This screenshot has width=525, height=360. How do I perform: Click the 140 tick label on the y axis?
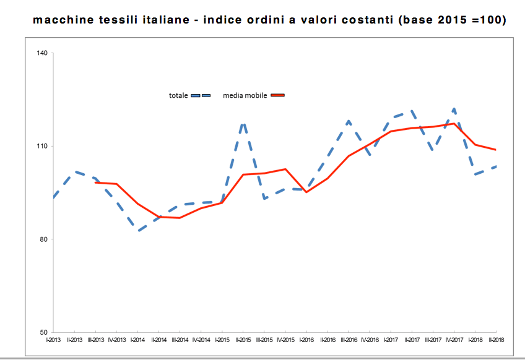42,53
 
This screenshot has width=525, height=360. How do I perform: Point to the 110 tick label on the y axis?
42,146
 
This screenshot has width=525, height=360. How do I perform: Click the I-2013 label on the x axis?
54,340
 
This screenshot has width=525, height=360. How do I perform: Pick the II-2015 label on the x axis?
243,340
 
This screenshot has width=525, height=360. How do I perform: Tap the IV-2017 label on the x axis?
454,340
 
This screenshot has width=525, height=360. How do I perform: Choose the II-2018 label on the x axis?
496,340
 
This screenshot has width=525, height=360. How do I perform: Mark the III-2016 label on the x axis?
349,340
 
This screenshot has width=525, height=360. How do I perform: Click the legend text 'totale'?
178,95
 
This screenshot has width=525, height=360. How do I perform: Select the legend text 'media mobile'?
245,95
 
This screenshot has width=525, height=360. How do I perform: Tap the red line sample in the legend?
277,95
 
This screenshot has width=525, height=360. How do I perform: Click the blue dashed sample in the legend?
201,95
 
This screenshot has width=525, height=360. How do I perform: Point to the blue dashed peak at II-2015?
243,123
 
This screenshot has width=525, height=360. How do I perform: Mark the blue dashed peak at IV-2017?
454,109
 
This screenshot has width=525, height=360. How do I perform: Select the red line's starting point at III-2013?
96,182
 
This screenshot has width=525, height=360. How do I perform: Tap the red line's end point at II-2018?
496,150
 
